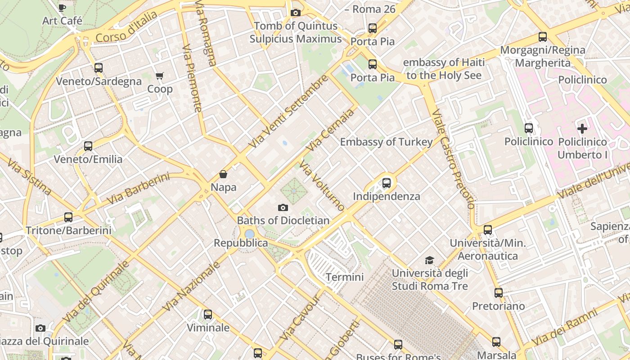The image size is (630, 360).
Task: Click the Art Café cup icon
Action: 62,8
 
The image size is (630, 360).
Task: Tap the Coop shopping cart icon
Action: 160,76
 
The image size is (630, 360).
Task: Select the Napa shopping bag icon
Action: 223,174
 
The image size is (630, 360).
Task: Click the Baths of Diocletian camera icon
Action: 283,207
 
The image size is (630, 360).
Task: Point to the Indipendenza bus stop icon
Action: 386,183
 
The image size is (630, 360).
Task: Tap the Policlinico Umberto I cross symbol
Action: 582,129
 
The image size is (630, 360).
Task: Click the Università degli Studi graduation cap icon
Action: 430,260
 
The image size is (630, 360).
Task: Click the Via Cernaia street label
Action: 329,130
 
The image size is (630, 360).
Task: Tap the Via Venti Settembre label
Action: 288,112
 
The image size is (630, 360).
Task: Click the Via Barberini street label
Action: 138,189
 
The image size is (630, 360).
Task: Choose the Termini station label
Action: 344,277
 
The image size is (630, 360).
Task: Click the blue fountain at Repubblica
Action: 249,234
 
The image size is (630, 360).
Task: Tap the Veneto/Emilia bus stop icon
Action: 88,146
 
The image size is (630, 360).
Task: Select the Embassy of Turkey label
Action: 386,142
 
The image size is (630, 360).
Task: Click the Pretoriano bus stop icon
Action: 498,293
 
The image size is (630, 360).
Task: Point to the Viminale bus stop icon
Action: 207,315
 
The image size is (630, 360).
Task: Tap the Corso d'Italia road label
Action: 126,27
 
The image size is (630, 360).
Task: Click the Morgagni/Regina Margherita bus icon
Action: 543,37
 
